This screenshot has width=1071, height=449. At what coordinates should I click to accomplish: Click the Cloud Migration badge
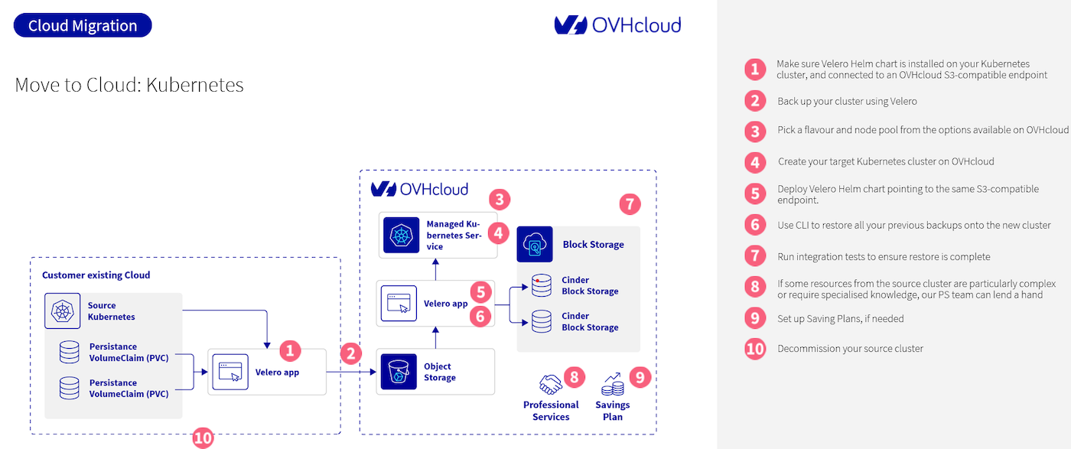click(x=83, y=25)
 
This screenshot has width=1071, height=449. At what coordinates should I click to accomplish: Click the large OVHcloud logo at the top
click(x=617, y=25)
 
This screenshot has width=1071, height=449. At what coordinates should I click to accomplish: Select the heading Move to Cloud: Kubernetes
click(x=129, y=84)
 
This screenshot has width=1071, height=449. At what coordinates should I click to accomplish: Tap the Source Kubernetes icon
click(x=60, y=311)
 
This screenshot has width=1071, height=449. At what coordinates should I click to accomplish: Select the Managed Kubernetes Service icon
click(x=400, y=236)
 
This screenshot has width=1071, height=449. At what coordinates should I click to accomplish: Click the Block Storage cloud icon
click(x=535, y=245)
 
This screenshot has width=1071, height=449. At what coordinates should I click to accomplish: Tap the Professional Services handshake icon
click(x=550, y=384)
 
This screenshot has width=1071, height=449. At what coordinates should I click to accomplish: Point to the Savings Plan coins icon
click(x=612, y=384)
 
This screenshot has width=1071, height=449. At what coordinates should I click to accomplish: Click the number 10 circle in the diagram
click(x=203, y=438)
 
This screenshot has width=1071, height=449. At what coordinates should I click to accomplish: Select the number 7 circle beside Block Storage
click(x=630, y=203)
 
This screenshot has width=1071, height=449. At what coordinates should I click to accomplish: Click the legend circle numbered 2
click(x=755, y=101)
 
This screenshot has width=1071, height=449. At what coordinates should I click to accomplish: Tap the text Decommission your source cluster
click(x=850, y=349)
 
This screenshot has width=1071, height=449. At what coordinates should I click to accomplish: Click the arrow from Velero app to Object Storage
click(x=352, y=373)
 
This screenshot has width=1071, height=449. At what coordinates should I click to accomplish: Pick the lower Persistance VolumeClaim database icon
click(x=70, y=389)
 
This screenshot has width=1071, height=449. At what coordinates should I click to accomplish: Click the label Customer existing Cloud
click(x=96, y=275)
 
